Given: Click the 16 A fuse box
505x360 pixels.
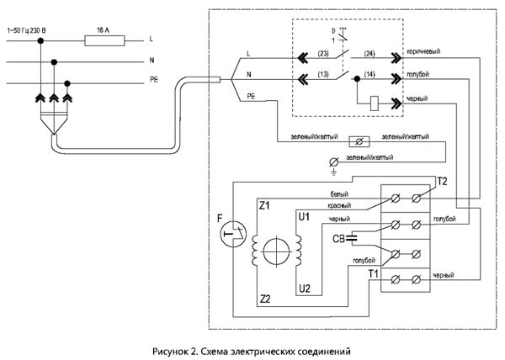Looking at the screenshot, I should [x=106, y=39].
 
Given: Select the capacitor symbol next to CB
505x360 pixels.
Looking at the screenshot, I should [x=350, y=239].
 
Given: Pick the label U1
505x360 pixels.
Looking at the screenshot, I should [x=304, y=217].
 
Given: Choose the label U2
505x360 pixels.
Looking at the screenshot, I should [x=304, y=289].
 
